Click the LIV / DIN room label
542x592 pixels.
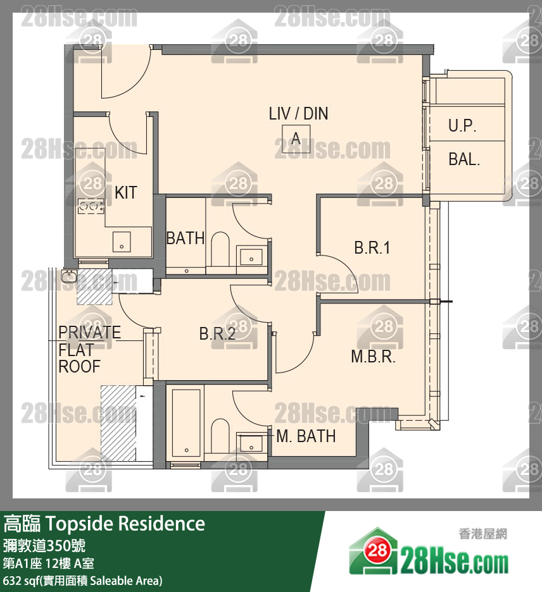coord(298,114)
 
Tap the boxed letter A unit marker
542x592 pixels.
coord(296,139)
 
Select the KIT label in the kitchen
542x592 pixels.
coord(126,192)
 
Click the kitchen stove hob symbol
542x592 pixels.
coord(91,206)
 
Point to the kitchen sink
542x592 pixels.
coord(122,242)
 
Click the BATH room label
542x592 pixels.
coord(185,238)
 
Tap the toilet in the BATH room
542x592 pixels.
coord(220,249)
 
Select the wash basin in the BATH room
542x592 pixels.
coord(251,255)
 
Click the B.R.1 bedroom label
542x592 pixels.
coord(372,248)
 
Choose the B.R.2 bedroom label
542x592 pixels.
coord(217,333)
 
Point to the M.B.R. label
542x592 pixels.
coord(373,357)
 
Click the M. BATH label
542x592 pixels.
coord(306,436)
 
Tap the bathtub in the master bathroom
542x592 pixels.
coord(186,422)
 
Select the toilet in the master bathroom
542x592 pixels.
coord(220,436)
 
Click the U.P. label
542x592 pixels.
coord(462,125)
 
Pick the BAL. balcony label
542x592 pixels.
coord(463,159)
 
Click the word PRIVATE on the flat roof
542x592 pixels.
coord(89,332)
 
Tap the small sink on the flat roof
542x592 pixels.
coord(69,276)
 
